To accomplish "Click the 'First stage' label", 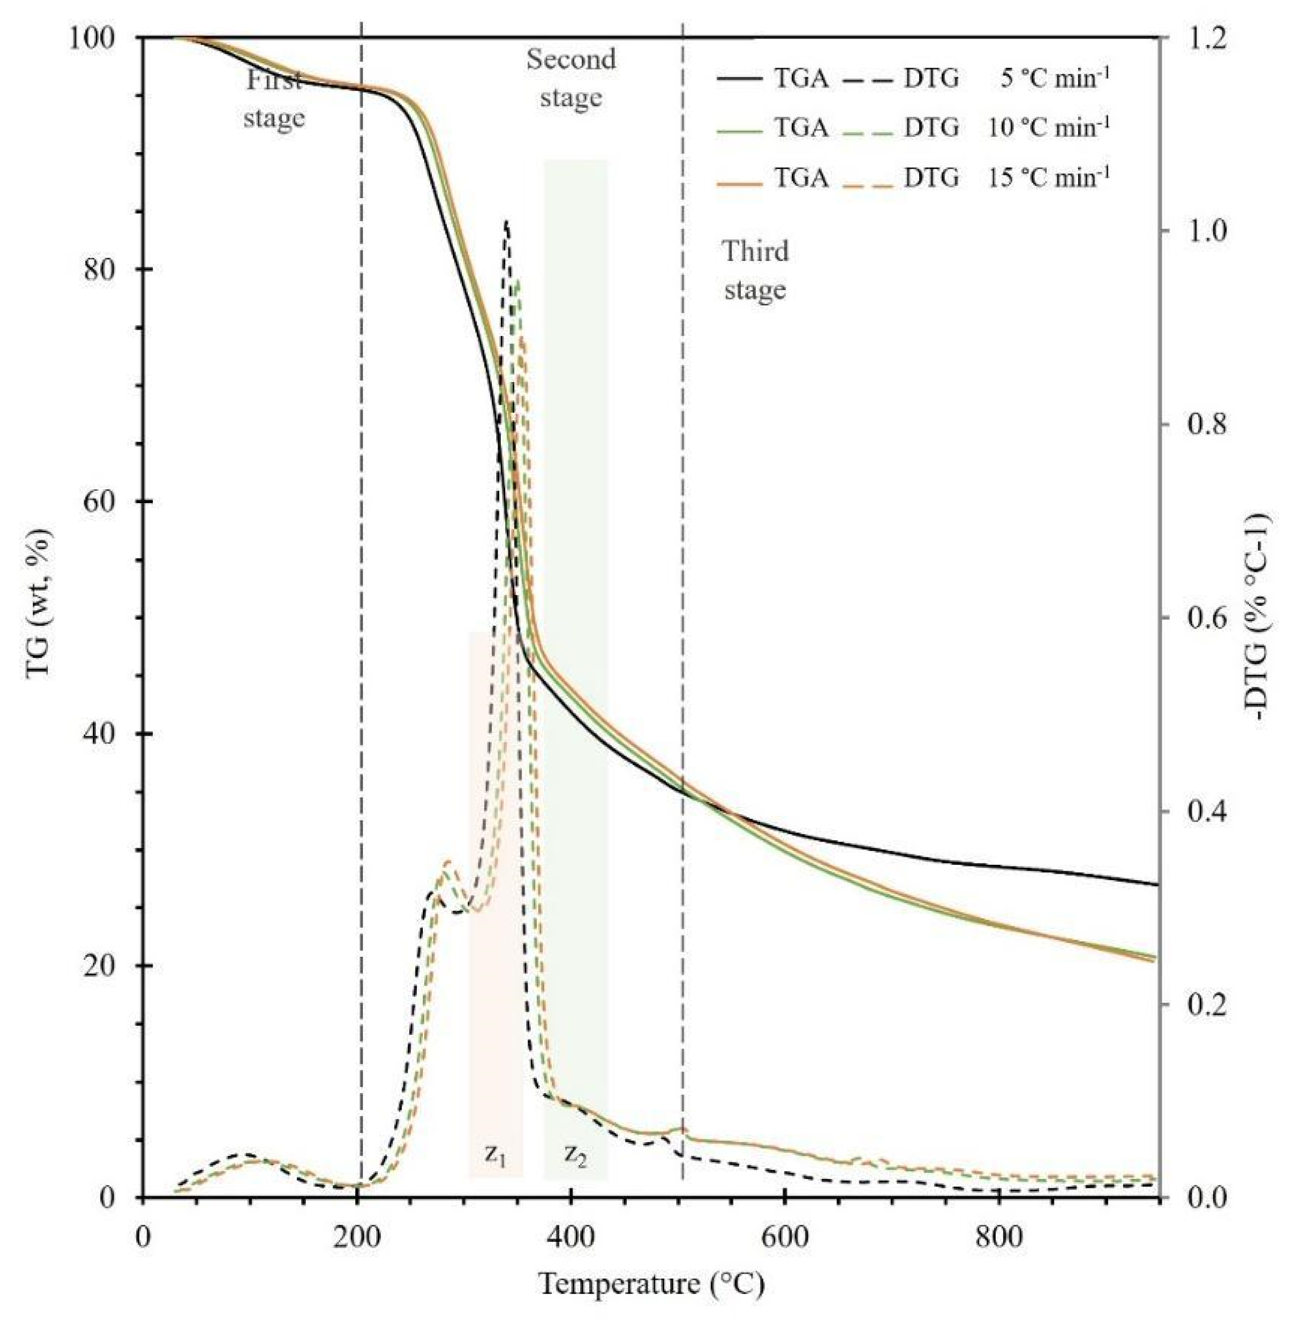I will (274, 100).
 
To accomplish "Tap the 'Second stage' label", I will (571, 78).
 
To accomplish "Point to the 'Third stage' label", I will (755, 271).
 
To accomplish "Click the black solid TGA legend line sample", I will (741, 80).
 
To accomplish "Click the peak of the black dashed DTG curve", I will (506, 221).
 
